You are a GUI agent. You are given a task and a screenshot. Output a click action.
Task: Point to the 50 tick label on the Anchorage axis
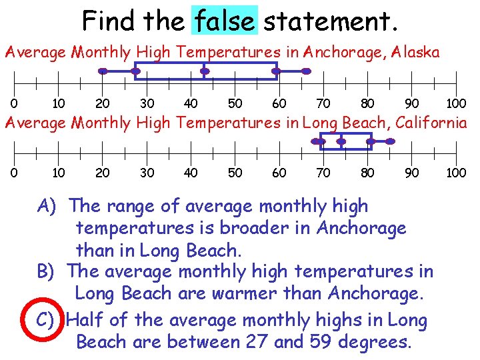pyautogui.click(x=235, y=103)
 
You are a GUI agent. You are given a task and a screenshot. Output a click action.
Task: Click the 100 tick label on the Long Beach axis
pyautogui.click(x=456, y=173)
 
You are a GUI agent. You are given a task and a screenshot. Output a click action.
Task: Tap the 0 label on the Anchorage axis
pyautogui.click(x=14, y=103)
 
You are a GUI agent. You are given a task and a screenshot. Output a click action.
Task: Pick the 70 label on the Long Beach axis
pyautogui.click(x=323, y=173)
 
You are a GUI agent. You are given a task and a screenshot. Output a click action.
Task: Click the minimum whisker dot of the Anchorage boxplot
pyautogui.click(x=103, y=71)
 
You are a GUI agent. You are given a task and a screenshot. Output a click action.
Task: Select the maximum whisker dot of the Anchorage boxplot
pyautogui.click(x=306, y=71)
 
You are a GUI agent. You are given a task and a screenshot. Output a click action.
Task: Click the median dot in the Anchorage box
pyautogui.click(x=205, y=71)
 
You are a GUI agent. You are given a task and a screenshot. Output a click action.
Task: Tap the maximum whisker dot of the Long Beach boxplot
pyautogui.click(x=391, y=141)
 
